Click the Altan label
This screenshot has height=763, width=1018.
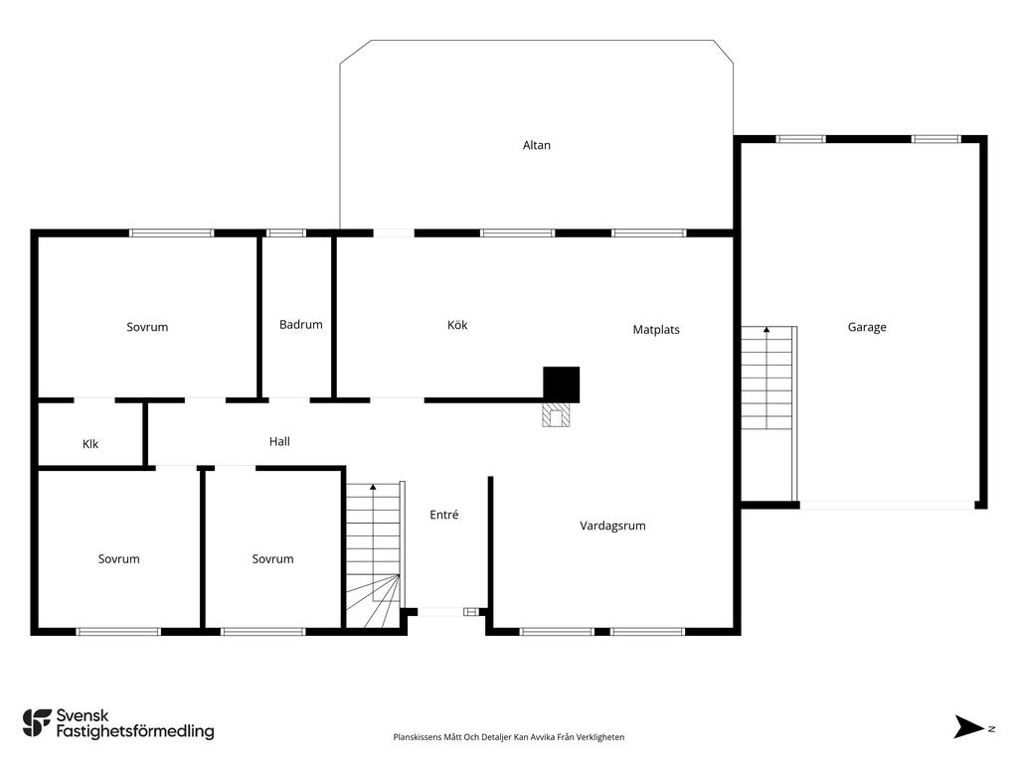(x=536, y=145)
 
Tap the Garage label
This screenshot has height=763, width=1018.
(x=867, y=328)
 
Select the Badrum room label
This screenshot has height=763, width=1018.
(x=300, y=325)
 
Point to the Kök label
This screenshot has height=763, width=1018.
(x=457, y=325)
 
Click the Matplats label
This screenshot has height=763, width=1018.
(x=656, y=330)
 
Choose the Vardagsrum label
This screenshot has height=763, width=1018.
(x=612, y=526)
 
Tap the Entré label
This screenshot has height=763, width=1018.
(x=444, y=515)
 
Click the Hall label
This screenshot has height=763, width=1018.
(x=279, y=442)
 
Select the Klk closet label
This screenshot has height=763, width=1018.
(x=90, y=444)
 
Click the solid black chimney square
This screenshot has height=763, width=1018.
(x=561, y=384)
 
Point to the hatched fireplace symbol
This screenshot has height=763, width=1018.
(x=556, y=415)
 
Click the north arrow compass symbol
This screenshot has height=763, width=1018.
(x=969, y=726)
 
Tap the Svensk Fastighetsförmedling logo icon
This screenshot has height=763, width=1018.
(x=37, y=723)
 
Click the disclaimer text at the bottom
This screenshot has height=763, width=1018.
(x=508, y=737)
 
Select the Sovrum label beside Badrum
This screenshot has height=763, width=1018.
(x=147, y=327)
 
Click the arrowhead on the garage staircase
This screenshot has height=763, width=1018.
(x=766, y=330)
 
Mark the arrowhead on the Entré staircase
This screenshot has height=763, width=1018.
(x=373, y=486)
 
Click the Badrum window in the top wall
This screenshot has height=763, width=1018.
(x=286, y=232)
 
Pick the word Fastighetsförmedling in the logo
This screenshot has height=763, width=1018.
(x=135, y=732)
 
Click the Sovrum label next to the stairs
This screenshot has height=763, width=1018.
(x=272, y=559)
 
